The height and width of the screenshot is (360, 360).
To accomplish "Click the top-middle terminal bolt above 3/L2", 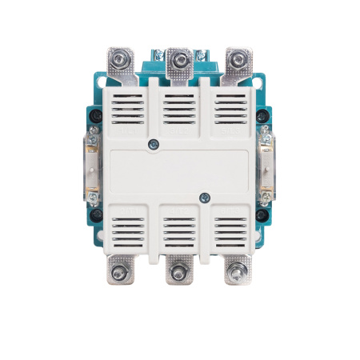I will point(177,58).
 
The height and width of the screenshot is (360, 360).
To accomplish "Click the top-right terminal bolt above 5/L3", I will point(233,58).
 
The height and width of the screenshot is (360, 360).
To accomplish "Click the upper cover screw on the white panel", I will point(154,144).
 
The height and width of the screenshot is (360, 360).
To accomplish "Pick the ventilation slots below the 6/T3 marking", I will point(230,232).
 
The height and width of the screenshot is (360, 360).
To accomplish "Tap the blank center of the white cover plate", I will point(178,170).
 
